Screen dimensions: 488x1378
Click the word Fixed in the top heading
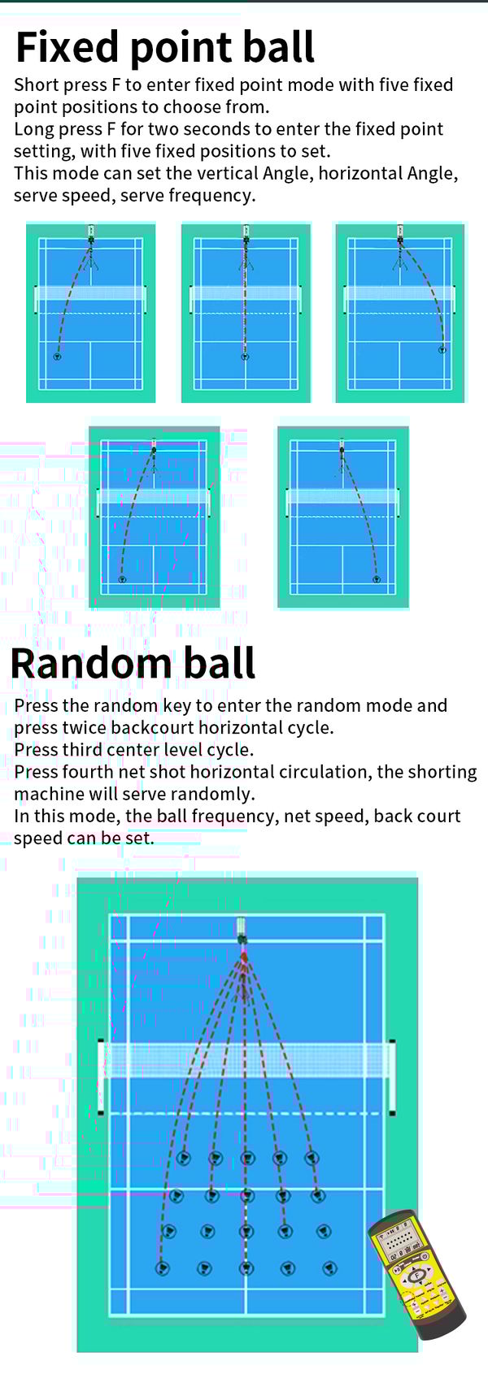coord(68,47)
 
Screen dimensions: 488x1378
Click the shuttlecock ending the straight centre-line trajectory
coord(246,356)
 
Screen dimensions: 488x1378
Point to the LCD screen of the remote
coord(398,1241)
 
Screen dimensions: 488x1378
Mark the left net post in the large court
coord(101,1077)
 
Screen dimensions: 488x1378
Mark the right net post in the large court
coord(392,1077)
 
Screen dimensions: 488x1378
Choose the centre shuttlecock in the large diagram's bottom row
coord(247,1267)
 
